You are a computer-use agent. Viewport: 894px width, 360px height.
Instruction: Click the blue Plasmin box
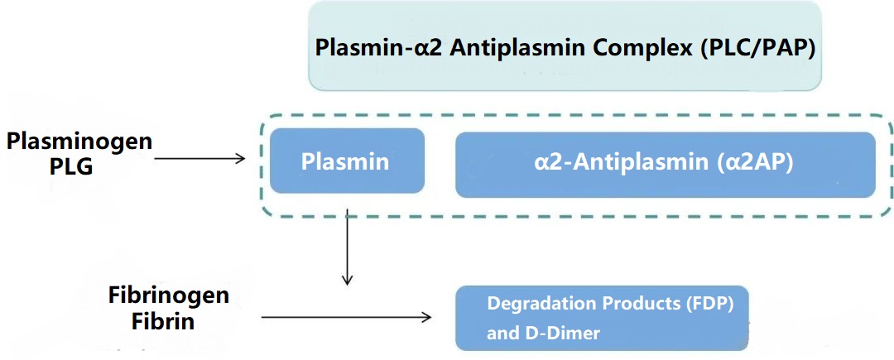pyautogui.click(x=347, y=161)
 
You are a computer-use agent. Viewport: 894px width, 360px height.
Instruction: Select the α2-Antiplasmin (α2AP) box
pyautogui.click(x=665, y=163)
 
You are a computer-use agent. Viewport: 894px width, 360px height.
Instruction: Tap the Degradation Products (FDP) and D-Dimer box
pyautogui.click(x=603, y=318)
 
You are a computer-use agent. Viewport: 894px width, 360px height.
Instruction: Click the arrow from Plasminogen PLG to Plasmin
pyautogui.click(x=199, y=158)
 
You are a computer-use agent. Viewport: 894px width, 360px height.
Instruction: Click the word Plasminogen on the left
pyautogui.click(x=79, y=142)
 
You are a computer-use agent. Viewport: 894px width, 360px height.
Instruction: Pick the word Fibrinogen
pyautogui.click(x=168, y=295)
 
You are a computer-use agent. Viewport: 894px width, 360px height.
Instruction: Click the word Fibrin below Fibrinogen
pyautogui.click(x=163, y=320)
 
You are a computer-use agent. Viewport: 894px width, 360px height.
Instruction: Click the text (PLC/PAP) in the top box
pyautogui.click(x=760, y=46)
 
